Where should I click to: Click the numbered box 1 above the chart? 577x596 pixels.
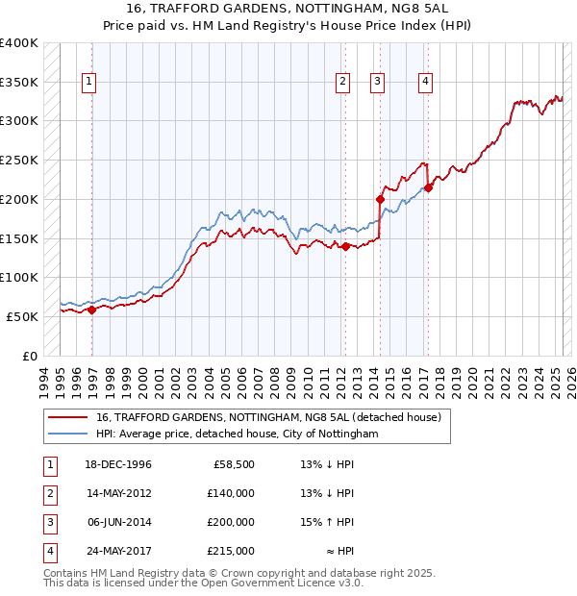click(88, 83)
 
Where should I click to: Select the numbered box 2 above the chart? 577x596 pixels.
click(342, 83)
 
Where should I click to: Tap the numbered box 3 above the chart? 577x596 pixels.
click(378, 83)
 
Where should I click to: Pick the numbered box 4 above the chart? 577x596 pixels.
click(424, 83)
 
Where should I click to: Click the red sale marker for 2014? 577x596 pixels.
click(380, 200)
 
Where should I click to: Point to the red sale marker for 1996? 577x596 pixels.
click(92, 310)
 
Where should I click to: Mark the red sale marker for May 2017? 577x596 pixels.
click(429, 187)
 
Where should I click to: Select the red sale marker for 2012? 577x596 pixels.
click(345, 246)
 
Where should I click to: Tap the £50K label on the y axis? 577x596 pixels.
click(23, 316)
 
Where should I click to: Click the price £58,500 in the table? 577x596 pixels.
click(234, 464)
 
